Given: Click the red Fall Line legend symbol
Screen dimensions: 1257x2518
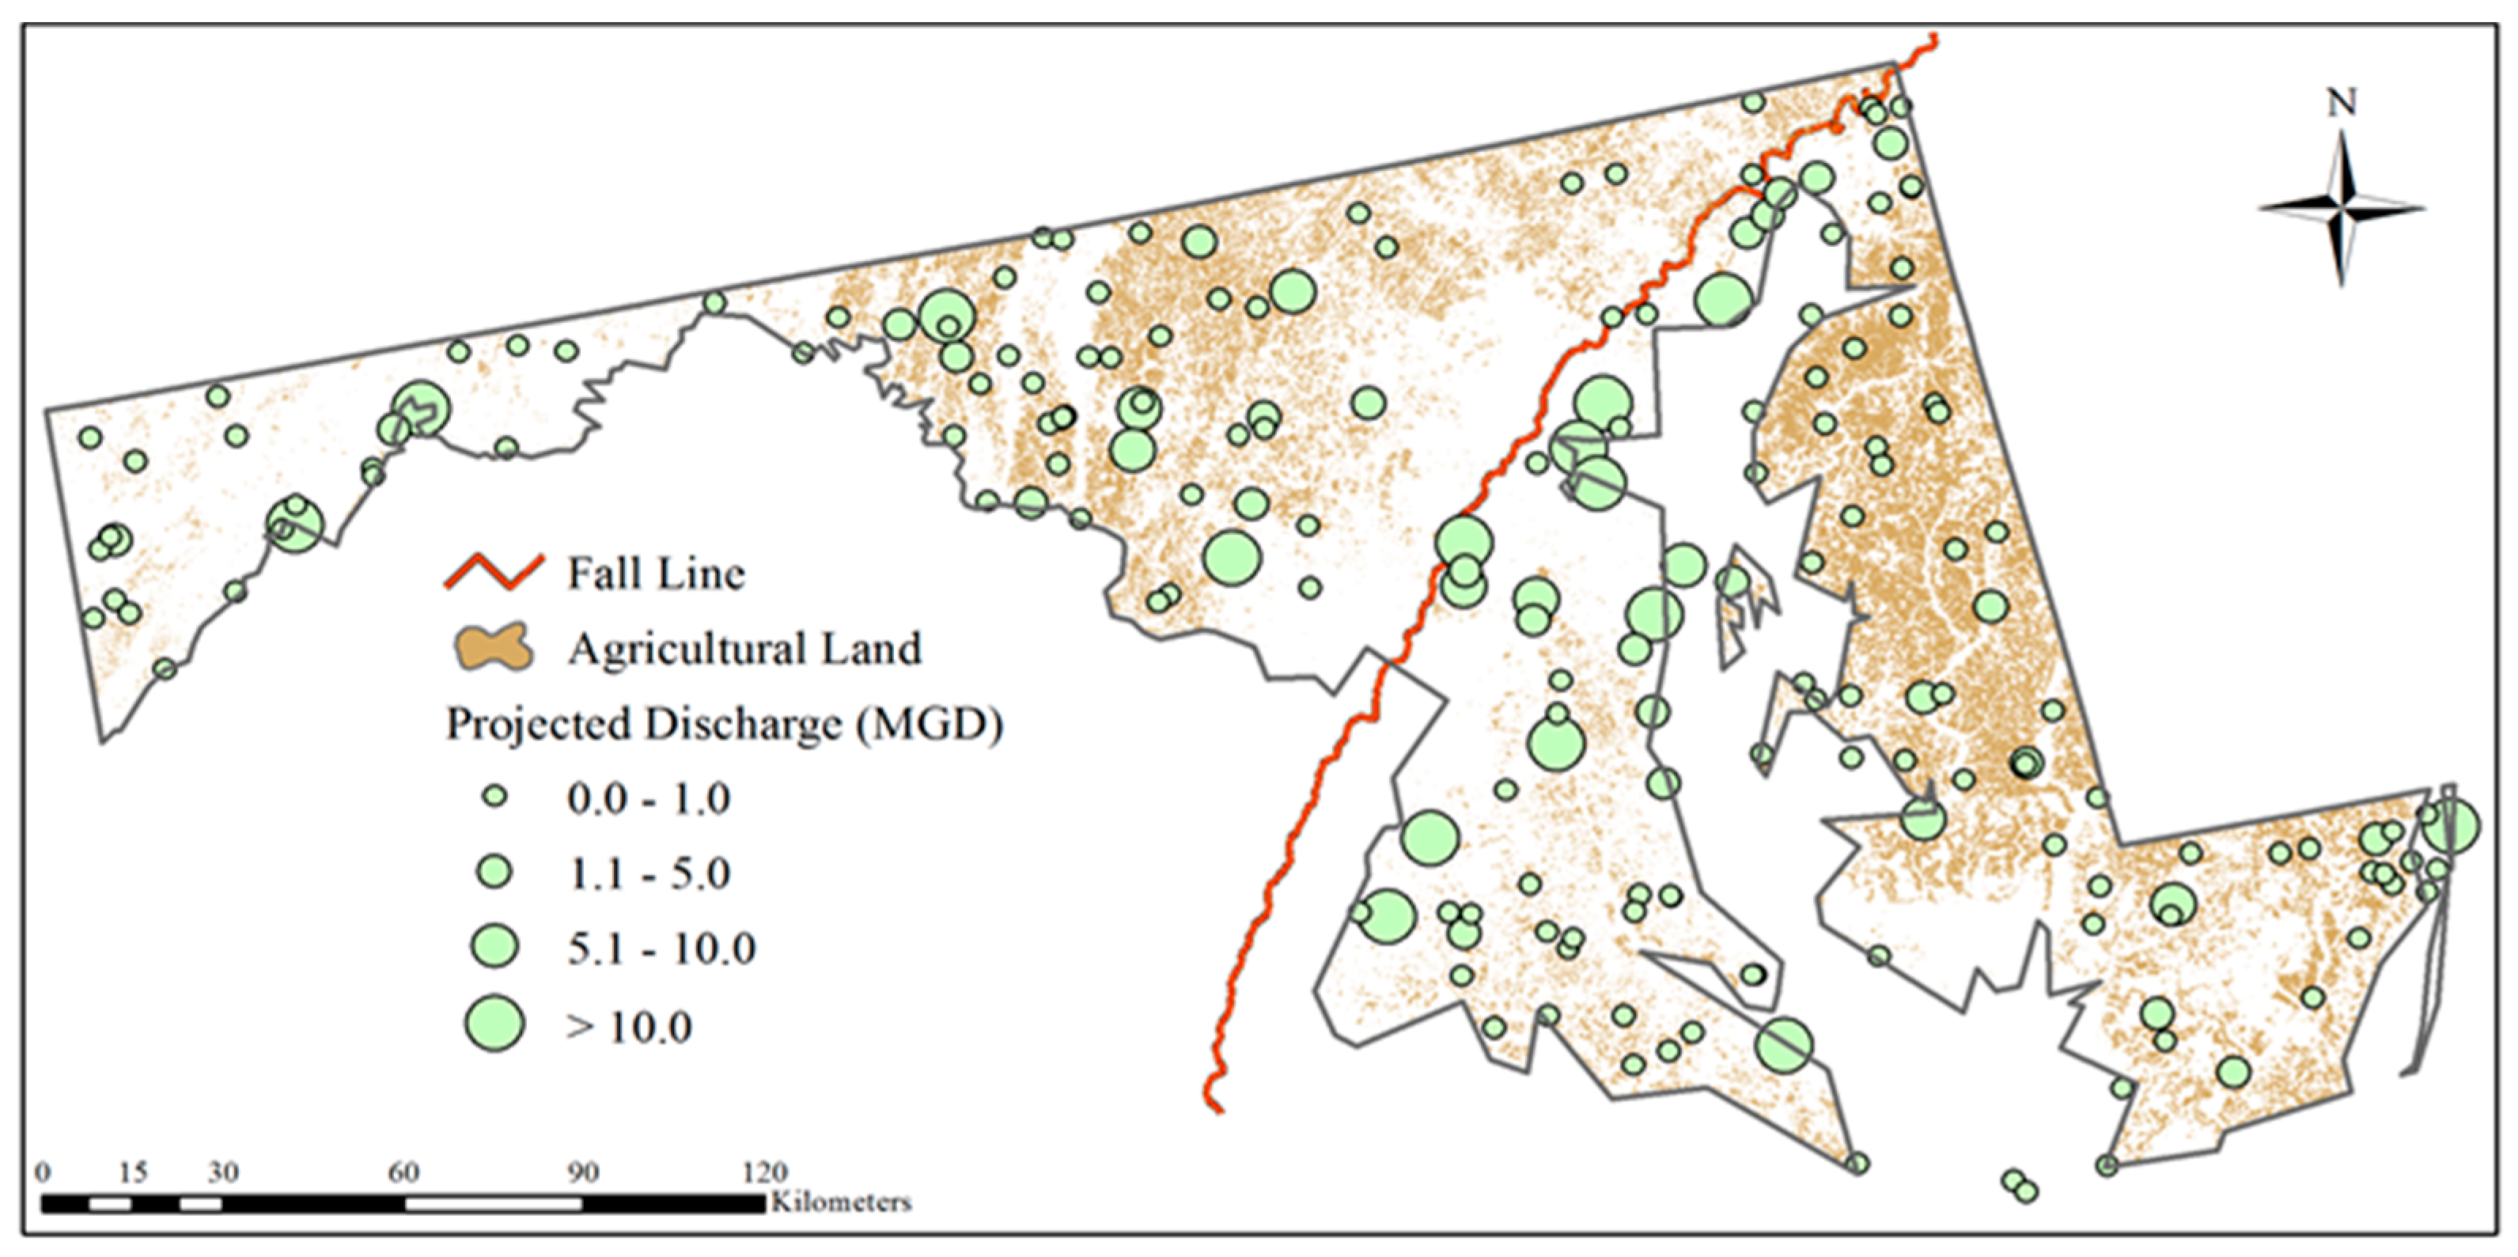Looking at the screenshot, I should point(494,573).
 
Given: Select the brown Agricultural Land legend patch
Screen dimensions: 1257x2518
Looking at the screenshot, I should point(494,647).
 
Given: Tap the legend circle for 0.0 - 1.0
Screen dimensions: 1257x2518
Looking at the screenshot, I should point(495,797).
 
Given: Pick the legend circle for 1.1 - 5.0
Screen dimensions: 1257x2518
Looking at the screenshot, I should point(495,871).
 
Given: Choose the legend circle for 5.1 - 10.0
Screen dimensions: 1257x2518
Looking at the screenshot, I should point(495,945).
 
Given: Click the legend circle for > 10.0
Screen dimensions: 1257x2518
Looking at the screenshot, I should point(495,1024).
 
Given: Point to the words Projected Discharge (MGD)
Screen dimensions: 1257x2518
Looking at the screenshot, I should point(725,725).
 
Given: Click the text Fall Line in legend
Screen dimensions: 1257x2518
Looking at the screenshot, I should point(656,574).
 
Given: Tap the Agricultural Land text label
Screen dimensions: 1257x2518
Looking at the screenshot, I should point(745,649).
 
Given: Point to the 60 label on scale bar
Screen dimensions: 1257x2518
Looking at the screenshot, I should point(403,1172).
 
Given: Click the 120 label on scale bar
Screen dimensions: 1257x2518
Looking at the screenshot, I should point(764,1172).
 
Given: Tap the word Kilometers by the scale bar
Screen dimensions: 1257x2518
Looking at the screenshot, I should point(842,1202).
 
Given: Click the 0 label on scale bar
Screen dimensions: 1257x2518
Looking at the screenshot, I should point(43,1172).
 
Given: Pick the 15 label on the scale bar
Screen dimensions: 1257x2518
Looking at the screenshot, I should point(132,1172).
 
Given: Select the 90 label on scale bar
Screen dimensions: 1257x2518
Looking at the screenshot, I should point(584,1172).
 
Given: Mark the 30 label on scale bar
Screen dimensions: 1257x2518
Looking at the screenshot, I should point(223,1172).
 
